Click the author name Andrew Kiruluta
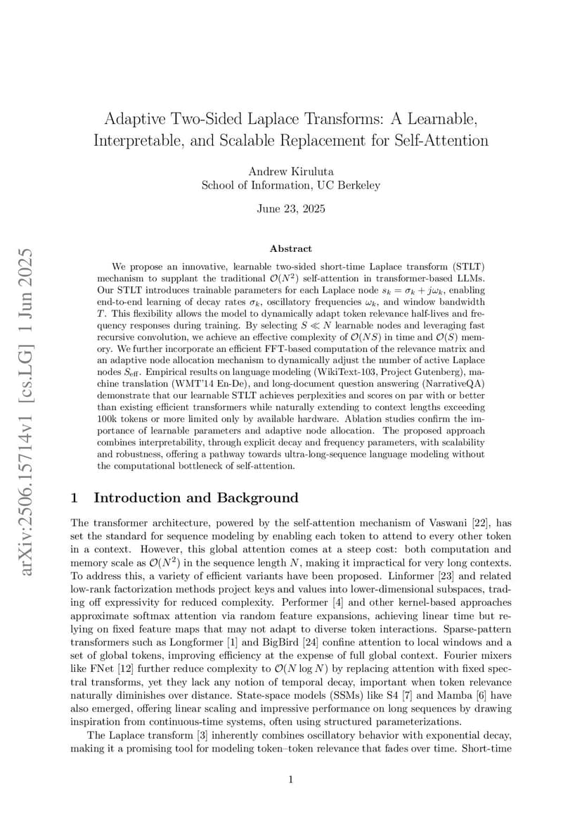tap(290, 171)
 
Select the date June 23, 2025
tap(290, 209)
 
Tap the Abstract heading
tap(290, 248)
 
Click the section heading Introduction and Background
tap(196, 498)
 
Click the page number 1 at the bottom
tap(290, 779)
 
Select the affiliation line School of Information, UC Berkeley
tap(290, 185)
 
